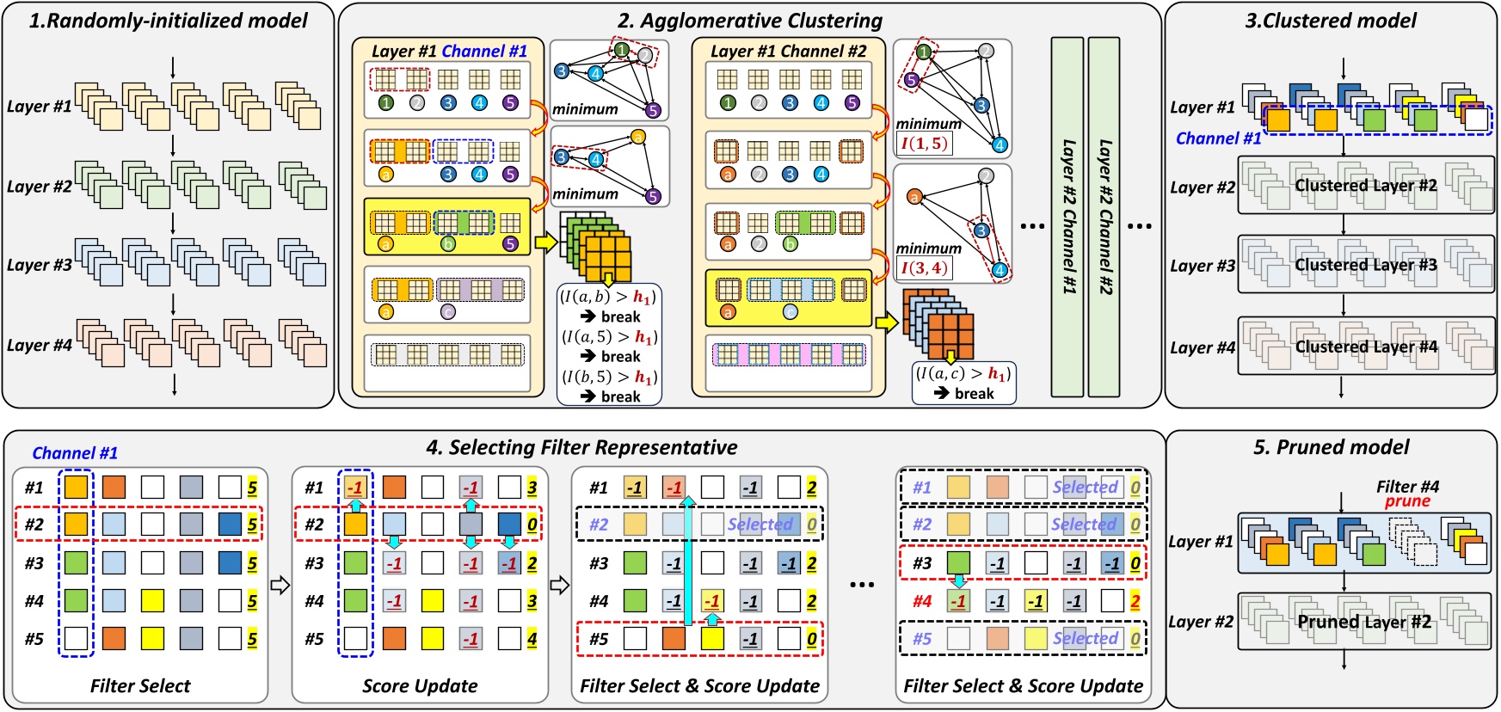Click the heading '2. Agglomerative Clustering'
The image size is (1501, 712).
(750, 20)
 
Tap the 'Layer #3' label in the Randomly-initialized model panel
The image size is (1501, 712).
(39, 265)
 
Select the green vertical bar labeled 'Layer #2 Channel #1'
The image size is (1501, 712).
(1067, 217)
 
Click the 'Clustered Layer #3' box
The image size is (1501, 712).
(1366, 265)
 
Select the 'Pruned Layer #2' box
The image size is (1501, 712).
(1364, 621)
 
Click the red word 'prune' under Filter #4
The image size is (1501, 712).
(1407, 501)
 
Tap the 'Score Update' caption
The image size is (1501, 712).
(420, 685)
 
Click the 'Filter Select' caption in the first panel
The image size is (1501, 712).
(140, 685)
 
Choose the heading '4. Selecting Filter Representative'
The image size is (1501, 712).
(581, 447)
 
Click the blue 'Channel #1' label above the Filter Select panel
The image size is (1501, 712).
(75, 452)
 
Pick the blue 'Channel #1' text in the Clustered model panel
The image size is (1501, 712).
(1218, 138)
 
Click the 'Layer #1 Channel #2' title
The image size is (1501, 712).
(788, 51)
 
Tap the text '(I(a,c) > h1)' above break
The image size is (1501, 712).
(963, 373)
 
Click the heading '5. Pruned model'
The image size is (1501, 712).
(1331, 447)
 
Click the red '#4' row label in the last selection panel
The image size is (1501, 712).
(922, 601)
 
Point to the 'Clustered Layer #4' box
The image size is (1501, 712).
(1366, 347)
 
